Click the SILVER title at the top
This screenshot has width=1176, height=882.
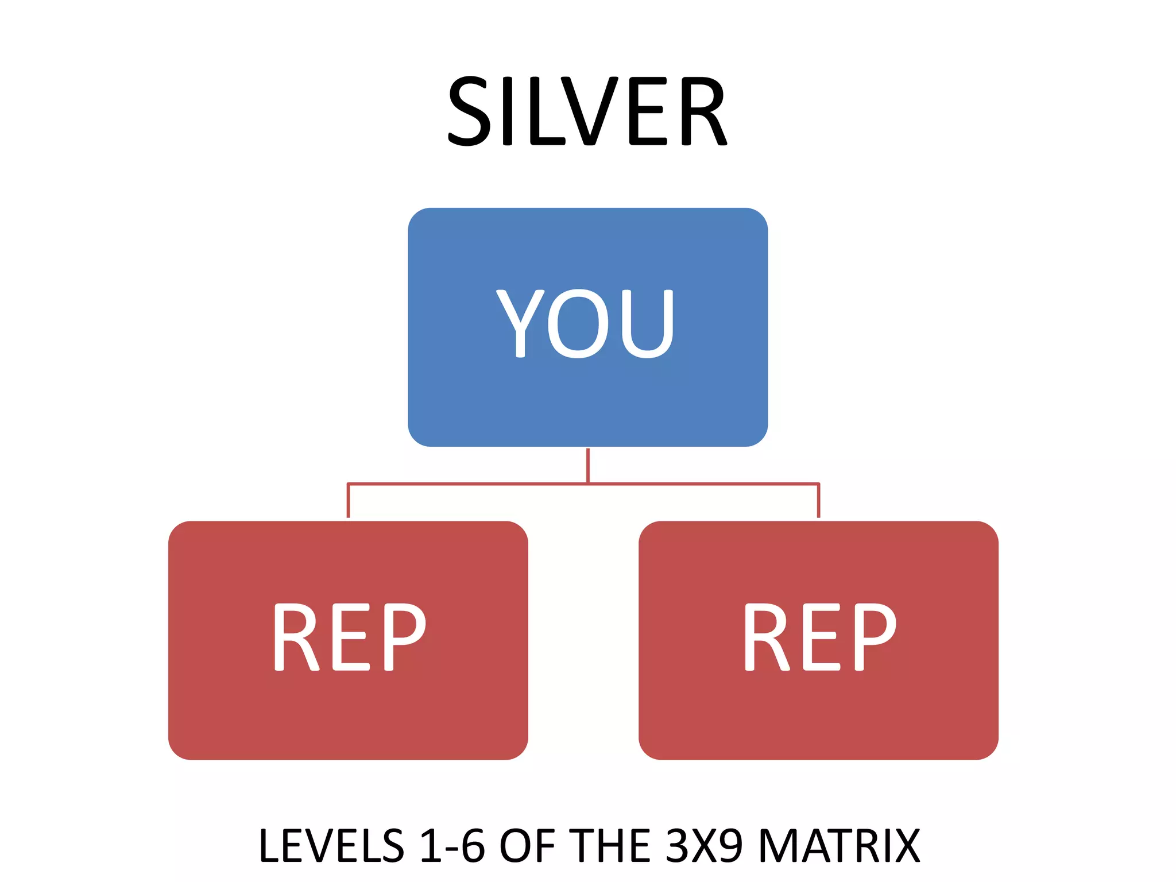587,111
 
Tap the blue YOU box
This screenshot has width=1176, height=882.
587,396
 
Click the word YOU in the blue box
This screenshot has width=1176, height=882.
585,323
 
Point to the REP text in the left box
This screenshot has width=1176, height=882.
350,637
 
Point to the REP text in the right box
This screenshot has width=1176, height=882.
820,637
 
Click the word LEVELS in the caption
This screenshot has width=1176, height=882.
331,845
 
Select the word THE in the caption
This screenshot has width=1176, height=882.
612,845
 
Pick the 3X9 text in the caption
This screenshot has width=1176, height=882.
704,845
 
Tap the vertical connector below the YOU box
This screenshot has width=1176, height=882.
588,465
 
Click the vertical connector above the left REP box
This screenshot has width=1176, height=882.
348,501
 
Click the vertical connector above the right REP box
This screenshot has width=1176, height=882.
818,501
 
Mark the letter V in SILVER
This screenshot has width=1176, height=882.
591,111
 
